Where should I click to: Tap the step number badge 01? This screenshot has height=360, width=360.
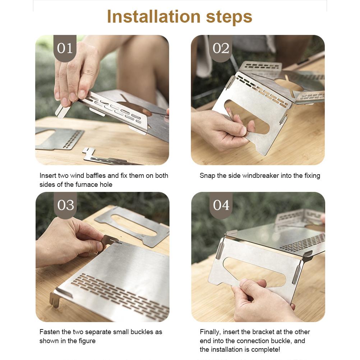[65, 48]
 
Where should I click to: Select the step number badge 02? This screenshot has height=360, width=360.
[221, 48]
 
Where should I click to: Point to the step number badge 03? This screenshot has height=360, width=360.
[65, 205]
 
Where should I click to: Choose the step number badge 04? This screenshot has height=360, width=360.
[221, 205]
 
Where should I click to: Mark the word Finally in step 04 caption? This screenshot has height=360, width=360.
[210, 332]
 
